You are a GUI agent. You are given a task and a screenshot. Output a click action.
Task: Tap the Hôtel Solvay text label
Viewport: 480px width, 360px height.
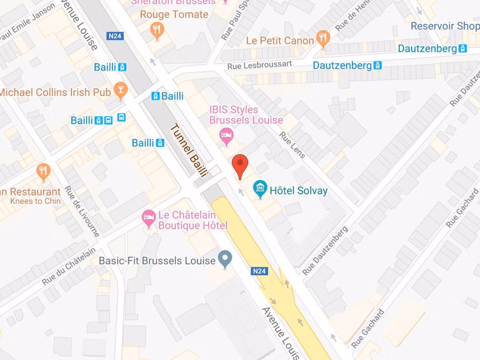click(299, 191)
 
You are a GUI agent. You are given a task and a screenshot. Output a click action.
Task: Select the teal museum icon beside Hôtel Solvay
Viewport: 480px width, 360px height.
click(260, 189)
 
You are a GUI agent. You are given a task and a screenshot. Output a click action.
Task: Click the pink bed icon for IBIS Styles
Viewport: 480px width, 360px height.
click(226, 135)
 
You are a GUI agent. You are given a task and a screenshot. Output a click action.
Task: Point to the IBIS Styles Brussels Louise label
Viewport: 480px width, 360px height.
click(246, 115)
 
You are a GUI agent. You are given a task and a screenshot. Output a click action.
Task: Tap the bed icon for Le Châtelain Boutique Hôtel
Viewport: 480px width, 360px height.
click(149, 218)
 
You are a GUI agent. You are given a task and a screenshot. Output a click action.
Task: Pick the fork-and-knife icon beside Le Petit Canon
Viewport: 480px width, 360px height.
click(322, 39)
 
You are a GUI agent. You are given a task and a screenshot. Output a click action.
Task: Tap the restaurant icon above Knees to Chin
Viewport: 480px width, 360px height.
click(44, 172)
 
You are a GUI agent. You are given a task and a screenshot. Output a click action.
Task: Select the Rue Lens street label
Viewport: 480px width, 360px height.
click(292, 145)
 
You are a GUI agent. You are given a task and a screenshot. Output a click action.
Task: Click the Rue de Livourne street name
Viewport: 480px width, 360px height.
click(82, 211)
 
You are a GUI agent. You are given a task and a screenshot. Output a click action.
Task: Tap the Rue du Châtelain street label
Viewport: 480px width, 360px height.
click(69, 266)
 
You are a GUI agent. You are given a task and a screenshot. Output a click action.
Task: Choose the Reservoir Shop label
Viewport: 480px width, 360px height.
click(445, 26)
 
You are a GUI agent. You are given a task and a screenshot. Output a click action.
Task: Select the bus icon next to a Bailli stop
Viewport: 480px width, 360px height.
click(121, 118)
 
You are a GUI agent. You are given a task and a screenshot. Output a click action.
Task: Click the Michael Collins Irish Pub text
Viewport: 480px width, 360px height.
click(55, 92)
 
